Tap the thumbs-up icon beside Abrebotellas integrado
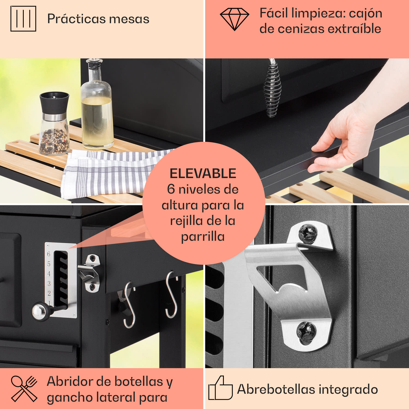coord(220,388)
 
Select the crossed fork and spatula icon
coord(24,389)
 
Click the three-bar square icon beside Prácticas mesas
coord(23,19)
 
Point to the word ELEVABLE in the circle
coord(203,174)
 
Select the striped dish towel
coord(109,172)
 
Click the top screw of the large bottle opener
coord(308,233)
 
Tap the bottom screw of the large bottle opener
coord(306,332)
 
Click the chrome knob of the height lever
coord(38,311)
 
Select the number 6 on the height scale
coord(49,254)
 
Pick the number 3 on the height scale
coord(49,284)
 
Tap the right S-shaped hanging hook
coord(171,294)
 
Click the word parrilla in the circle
coord(203,237)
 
